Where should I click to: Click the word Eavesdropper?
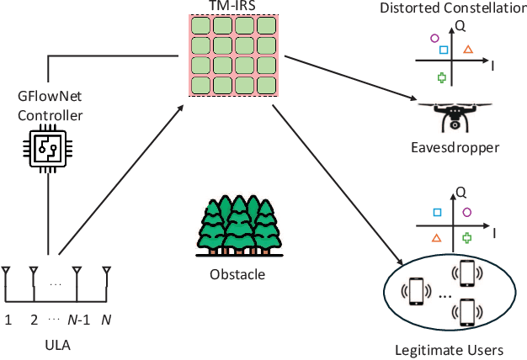coord(455,148)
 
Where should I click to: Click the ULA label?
coord(57,345)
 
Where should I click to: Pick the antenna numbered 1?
coord(7,273)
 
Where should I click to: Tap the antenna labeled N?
coord(107,273)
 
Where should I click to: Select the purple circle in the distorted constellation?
coord(434,38)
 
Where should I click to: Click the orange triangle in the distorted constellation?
coord(468,50)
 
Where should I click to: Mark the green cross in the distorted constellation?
coord(441,77)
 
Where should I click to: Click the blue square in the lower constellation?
coord(437,213)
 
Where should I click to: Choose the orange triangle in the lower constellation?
coord(436,238)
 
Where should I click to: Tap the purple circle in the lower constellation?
coord(467,213)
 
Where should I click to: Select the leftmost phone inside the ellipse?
coord(414,290)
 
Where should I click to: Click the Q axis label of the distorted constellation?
coord(460,26)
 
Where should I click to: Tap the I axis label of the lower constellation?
coord(495,230)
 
